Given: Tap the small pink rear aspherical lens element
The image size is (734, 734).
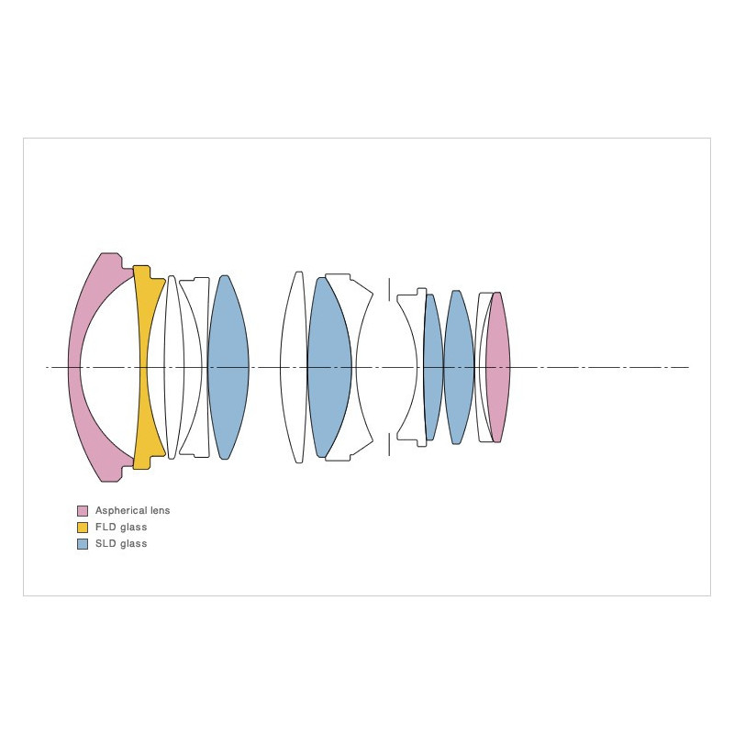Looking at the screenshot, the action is click(x=497, y=368).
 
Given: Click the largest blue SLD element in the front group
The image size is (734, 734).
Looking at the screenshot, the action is click(x=228, y=368).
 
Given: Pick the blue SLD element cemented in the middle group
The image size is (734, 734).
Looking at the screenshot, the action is click(x=329, y=368).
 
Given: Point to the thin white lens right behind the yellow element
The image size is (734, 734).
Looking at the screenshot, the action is click(x=173, y=368).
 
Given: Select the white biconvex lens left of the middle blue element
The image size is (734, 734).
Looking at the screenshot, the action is click(x=294, y=368).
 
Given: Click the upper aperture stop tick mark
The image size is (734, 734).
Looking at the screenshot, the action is click(x=389, y=289).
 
